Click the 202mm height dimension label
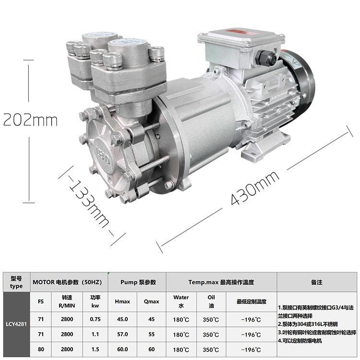pyautogui.click(x=30, y=120)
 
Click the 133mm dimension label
pyautogui.click(x=89, y=204)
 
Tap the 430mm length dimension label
pyautogui.click(x=255, y=188)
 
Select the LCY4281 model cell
pyautogui.click(x=16, y=324)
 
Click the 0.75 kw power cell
pyautogui.click(x=95, y=319)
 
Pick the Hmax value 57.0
pyautogui.click(x=122, y=334)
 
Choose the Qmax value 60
pyautogui.click(x=152, y=349)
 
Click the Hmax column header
pyautogui.click(x=122, y=301)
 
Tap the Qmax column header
pyautogui.click(x=152, y=301)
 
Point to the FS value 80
pyautogui.click(x=41, y=349)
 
